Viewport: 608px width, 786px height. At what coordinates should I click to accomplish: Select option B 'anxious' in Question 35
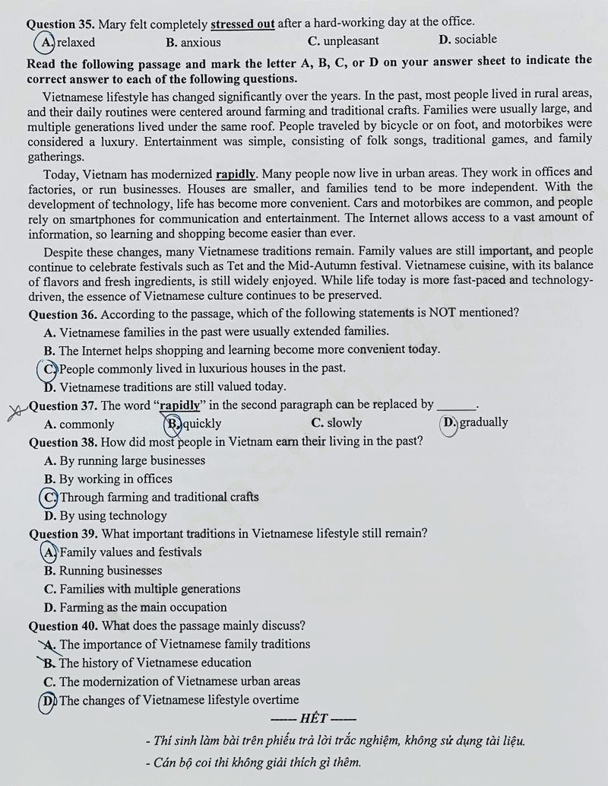(193, 43)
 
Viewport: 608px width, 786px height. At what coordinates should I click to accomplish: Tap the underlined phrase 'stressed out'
(242, 24)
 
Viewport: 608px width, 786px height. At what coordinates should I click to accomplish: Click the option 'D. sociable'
(467, 40)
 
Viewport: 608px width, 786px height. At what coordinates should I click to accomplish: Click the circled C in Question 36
(49, 368)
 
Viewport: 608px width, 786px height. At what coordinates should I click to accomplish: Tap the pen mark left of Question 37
(13, 412)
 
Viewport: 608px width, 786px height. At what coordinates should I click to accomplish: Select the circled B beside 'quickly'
(173, 423)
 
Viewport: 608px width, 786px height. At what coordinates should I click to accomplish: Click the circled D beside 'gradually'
(449, 422)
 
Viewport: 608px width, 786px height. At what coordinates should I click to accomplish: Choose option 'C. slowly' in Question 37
(337, 423)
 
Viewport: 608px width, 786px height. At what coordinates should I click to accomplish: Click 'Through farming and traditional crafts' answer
(159, 498)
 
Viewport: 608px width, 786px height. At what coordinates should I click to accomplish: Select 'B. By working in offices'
(108, 479)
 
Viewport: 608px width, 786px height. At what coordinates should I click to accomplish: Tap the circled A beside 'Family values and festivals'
(49, 552)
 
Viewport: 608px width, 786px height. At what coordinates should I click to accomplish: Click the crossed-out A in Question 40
(50, 644)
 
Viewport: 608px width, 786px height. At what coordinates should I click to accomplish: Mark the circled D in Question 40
(49, 700)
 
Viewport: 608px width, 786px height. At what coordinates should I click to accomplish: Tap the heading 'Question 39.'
(62, 534)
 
